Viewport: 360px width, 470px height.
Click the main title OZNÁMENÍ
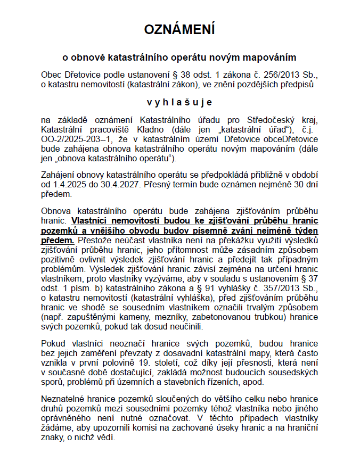tap(179, 29)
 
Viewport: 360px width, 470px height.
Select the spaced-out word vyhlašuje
tap(179, 102)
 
